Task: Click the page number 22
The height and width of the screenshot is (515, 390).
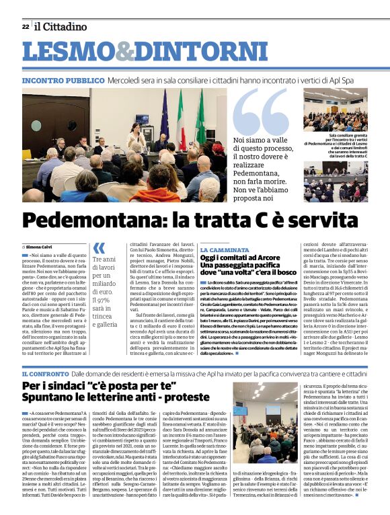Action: coord(26,27)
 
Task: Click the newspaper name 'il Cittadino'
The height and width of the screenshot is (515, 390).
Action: coord(61,27)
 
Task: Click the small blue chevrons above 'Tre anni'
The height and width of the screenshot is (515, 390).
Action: coord(99,248)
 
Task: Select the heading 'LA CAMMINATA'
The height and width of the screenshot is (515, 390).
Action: coord(225,249)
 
